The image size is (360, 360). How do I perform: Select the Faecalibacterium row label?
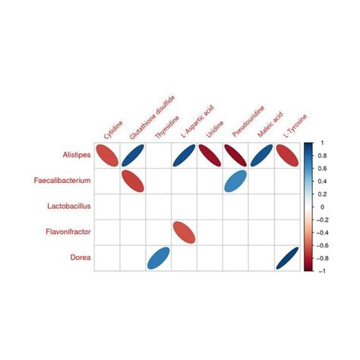pos(63,182)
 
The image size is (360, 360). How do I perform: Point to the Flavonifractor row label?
pos(67,233)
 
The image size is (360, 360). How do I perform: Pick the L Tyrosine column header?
pos(292,126)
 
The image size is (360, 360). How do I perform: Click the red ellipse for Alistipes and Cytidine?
pos(107,156)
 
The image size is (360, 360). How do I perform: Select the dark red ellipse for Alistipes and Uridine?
pos(210,156)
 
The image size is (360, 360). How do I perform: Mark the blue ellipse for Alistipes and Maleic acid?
pos(262,156)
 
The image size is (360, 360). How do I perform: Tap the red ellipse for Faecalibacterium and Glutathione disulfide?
pos(132,182)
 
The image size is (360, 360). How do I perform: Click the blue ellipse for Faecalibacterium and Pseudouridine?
pos(235,182)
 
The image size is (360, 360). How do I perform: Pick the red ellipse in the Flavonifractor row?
pos(184,233)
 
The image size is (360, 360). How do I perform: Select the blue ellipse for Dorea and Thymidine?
pos(158,258)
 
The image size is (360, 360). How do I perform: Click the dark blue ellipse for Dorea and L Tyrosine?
pos(288,258)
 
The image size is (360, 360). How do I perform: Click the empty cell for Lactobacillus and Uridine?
pos(210,207)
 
